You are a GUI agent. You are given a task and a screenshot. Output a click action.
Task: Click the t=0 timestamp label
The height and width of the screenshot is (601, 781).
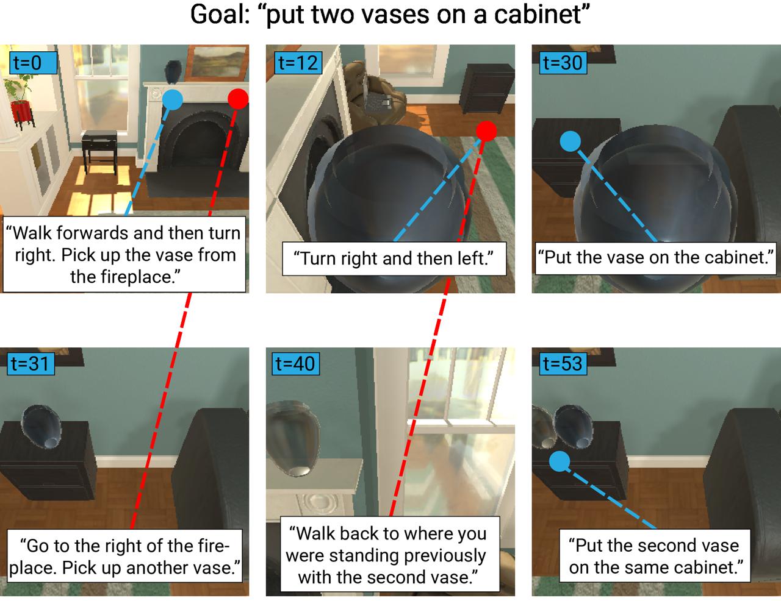(33, 63)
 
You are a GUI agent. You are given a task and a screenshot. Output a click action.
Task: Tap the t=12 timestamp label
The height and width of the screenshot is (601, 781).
(298, 63)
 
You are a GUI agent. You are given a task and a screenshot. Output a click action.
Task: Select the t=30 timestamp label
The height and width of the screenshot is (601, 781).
(563, 63)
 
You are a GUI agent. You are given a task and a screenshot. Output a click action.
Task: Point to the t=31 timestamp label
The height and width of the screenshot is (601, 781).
(31, 364)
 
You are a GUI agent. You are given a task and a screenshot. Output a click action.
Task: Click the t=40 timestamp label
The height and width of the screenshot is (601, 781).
(296, 364)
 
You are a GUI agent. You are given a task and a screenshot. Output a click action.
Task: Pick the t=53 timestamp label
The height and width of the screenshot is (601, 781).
(563, 364)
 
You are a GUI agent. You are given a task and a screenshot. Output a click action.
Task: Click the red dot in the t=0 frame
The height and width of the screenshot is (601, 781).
(239, 99)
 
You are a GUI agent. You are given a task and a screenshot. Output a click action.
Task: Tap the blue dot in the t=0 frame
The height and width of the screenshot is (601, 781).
(173, 99)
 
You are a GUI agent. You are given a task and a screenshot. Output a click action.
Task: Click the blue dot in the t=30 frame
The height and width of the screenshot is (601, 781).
(570, 141)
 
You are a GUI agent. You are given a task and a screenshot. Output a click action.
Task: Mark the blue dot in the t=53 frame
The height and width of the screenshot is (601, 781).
(560, 461)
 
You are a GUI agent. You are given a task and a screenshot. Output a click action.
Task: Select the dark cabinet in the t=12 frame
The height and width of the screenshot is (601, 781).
(487, 88)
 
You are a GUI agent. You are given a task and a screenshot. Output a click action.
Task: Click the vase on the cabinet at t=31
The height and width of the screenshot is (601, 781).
(41, 427)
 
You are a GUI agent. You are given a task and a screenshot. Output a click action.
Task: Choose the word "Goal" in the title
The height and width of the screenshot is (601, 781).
(220, 15)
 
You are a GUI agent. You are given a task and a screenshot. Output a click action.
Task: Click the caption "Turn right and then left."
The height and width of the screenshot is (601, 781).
(394, 258)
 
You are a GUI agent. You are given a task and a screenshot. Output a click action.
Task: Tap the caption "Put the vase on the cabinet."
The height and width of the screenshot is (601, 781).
(655, 258)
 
